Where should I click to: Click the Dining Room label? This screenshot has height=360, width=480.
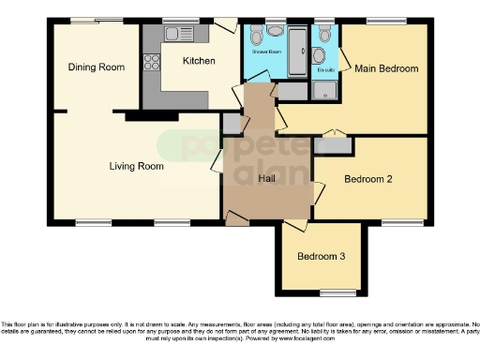click(97, 67)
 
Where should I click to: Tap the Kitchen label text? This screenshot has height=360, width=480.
click(199, 61)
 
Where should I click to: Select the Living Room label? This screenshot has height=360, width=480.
click(136, 166)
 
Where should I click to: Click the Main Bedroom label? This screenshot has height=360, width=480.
click(385, 68)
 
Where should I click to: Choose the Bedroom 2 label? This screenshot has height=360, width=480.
click(367, 178)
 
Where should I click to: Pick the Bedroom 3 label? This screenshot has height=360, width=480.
click(321, 256)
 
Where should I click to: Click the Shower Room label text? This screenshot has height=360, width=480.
click(265, 51)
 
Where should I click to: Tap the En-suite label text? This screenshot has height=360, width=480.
click(325, 69)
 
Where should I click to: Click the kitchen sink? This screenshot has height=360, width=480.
click(177, 34)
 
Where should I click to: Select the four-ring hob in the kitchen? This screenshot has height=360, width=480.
click(151, 64)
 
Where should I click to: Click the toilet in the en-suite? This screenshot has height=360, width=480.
click(324, 35)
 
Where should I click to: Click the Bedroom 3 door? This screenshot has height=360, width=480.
click(295, 225)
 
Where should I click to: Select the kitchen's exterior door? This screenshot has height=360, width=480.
click(226, 25)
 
